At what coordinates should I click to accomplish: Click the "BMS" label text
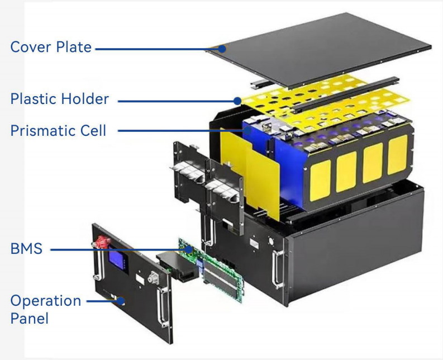[26, 248]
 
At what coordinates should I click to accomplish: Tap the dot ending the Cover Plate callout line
[222, 49]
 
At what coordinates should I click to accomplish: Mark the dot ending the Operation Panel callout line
[120, 302]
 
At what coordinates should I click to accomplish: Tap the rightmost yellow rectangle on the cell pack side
[397, 154]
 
